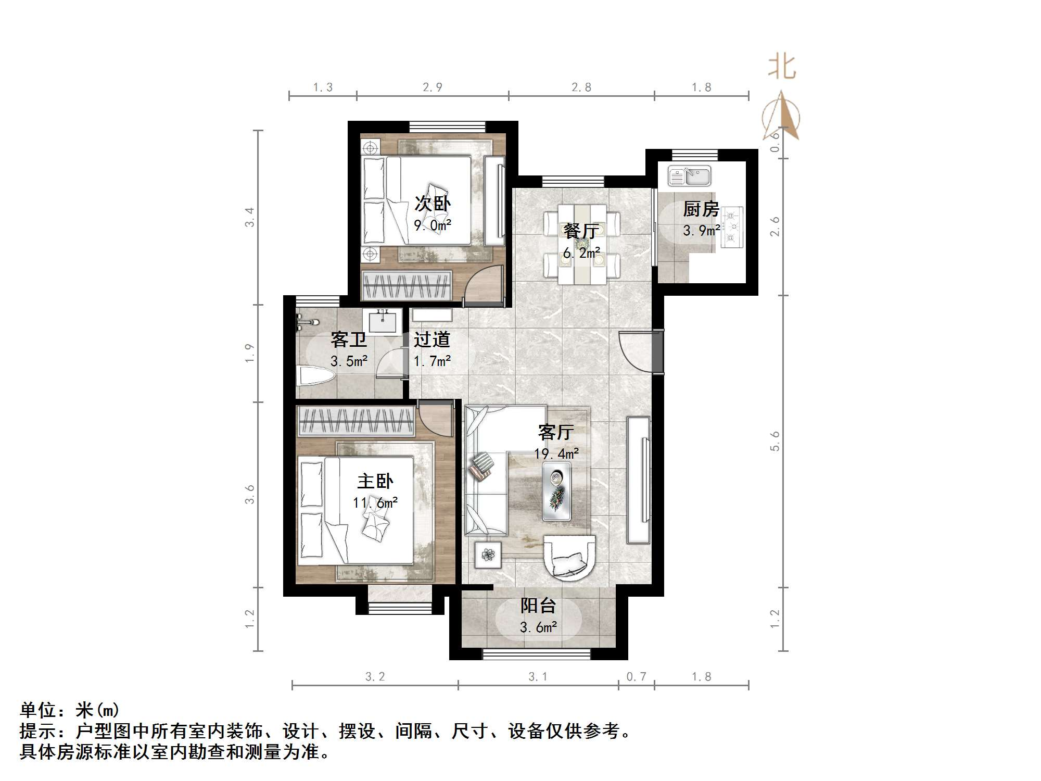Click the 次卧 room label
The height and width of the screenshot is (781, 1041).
pos(432,204)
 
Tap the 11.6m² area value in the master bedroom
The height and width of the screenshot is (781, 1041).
pos(375,503)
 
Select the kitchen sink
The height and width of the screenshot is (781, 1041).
pos(689,177)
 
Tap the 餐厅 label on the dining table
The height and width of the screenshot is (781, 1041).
pos(581,231)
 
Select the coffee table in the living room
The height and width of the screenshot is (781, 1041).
pos(556,491)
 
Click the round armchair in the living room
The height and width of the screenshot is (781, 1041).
pos(569,557)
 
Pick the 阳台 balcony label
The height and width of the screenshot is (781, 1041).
pos(538,606)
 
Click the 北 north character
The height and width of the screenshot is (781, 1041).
pos(782,68)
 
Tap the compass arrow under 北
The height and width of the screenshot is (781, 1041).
pos(781,117)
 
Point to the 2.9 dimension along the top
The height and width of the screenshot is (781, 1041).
pos(433,87)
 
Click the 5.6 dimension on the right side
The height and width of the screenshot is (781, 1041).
pos(775,441)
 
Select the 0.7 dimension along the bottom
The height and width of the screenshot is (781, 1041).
pos(636,676)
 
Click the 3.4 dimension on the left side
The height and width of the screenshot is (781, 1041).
pos(250,217)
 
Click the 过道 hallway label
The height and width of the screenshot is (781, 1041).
pos(431,339)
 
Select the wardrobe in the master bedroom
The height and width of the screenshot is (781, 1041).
pos(356,421)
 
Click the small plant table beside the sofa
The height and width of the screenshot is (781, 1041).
pos(488,555)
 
